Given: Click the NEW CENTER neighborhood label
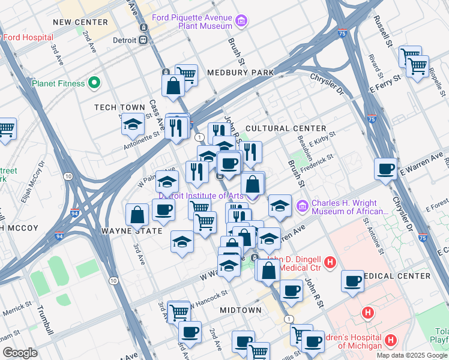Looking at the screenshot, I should [80, 22].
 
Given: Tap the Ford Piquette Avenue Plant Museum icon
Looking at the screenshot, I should [241, 22].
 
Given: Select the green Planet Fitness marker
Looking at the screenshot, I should [94, 83].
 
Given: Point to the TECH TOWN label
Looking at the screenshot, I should [120, 107].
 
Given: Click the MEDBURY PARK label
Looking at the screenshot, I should [240, 73].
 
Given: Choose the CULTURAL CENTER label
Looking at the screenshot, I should [286, 128].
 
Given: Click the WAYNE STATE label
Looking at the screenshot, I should [132, 230].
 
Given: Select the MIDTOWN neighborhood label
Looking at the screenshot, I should [240, 310].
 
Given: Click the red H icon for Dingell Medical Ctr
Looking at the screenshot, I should [329, 262].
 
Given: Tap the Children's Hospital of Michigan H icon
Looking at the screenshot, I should [391, 341].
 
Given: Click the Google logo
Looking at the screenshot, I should [20, 353].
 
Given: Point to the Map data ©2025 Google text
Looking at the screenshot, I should [411, 355].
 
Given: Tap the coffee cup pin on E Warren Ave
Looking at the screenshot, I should [385, 168].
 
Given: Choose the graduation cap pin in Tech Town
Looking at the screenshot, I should [133, 124].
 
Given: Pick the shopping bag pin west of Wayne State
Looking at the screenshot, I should [137, 214].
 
